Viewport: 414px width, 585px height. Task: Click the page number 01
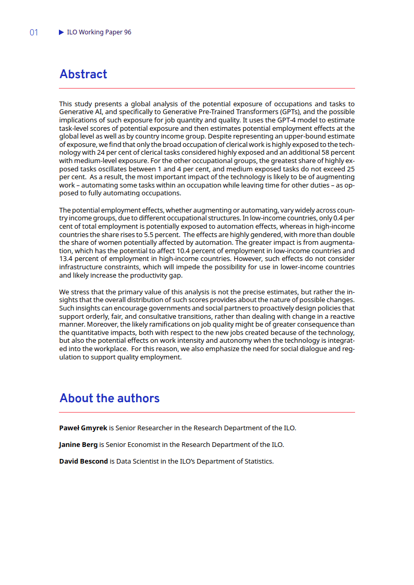pos(34,32)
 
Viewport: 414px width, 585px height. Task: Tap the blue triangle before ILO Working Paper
pos(62,32)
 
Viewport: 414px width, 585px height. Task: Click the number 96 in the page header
pos(128,32)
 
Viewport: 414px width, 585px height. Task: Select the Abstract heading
pos(83,74)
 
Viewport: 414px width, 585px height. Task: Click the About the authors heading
pos(109,398)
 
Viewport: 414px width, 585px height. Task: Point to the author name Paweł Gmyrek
pos(83,428)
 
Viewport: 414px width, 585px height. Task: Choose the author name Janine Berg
pos(78,445)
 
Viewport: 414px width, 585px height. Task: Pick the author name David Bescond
pos(83,462)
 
